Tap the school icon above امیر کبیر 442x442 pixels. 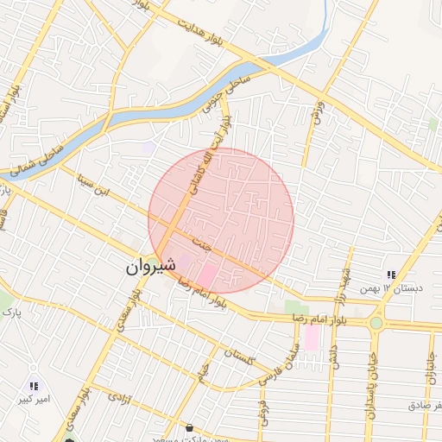pyautogui.click(x=33, y=387)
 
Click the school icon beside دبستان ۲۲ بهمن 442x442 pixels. pyautogui.click(x=391, y=275)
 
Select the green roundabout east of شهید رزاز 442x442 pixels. pyautogui.click(x=376, y=323)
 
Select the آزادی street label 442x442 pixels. pyautogui.click(x=114, y=397)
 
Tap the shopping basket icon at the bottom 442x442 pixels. pyautogui.click(x=189, y=428)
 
